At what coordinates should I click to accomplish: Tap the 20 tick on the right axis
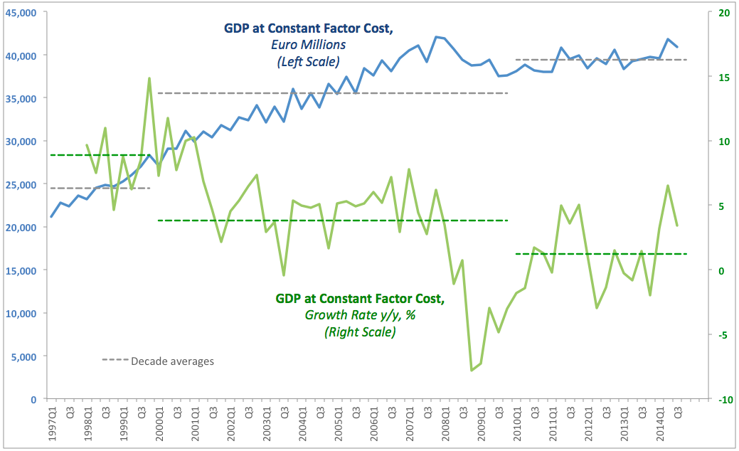tap(724, 12)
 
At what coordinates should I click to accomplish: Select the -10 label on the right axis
tap(725, 400)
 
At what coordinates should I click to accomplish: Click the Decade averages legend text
tap(172, 361)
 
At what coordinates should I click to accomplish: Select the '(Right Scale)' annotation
tap(360, 331)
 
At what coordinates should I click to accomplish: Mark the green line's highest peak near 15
tap(149, 78)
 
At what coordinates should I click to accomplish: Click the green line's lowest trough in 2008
tap(472, 370)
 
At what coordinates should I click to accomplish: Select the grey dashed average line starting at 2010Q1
tap(600, 60)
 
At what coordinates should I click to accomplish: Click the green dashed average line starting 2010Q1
tap(600, 254)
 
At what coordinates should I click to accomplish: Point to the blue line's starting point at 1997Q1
tap(51, 217)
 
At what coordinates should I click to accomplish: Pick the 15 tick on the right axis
tap(723, 77)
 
